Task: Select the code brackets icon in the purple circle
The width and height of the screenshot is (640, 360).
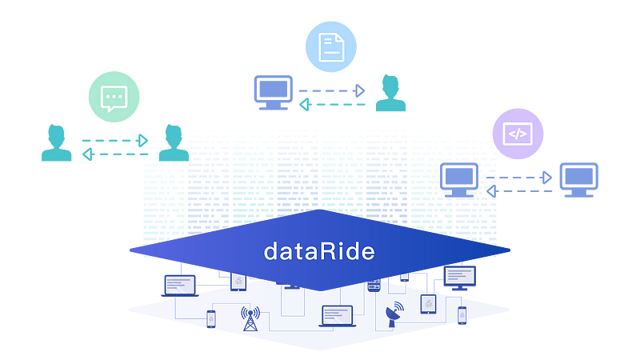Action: [x=518, y=134]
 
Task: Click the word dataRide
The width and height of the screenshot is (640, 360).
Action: [x=319, y=251]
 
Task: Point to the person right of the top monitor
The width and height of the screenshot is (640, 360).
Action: [x=390, y=94]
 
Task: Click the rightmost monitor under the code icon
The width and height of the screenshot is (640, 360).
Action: [x=578, y=179]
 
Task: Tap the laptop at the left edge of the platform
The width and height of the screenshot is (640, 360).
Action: [x=179, y=284]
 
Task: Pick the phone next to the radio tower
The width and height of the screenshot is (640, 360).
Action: [x=211, y=318]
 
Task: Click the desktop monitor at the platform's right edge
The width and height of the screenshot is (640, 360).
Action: [x=459, y=277]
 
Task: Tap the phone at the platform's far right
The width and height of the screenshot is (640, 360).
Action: [x=462, y=316]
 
